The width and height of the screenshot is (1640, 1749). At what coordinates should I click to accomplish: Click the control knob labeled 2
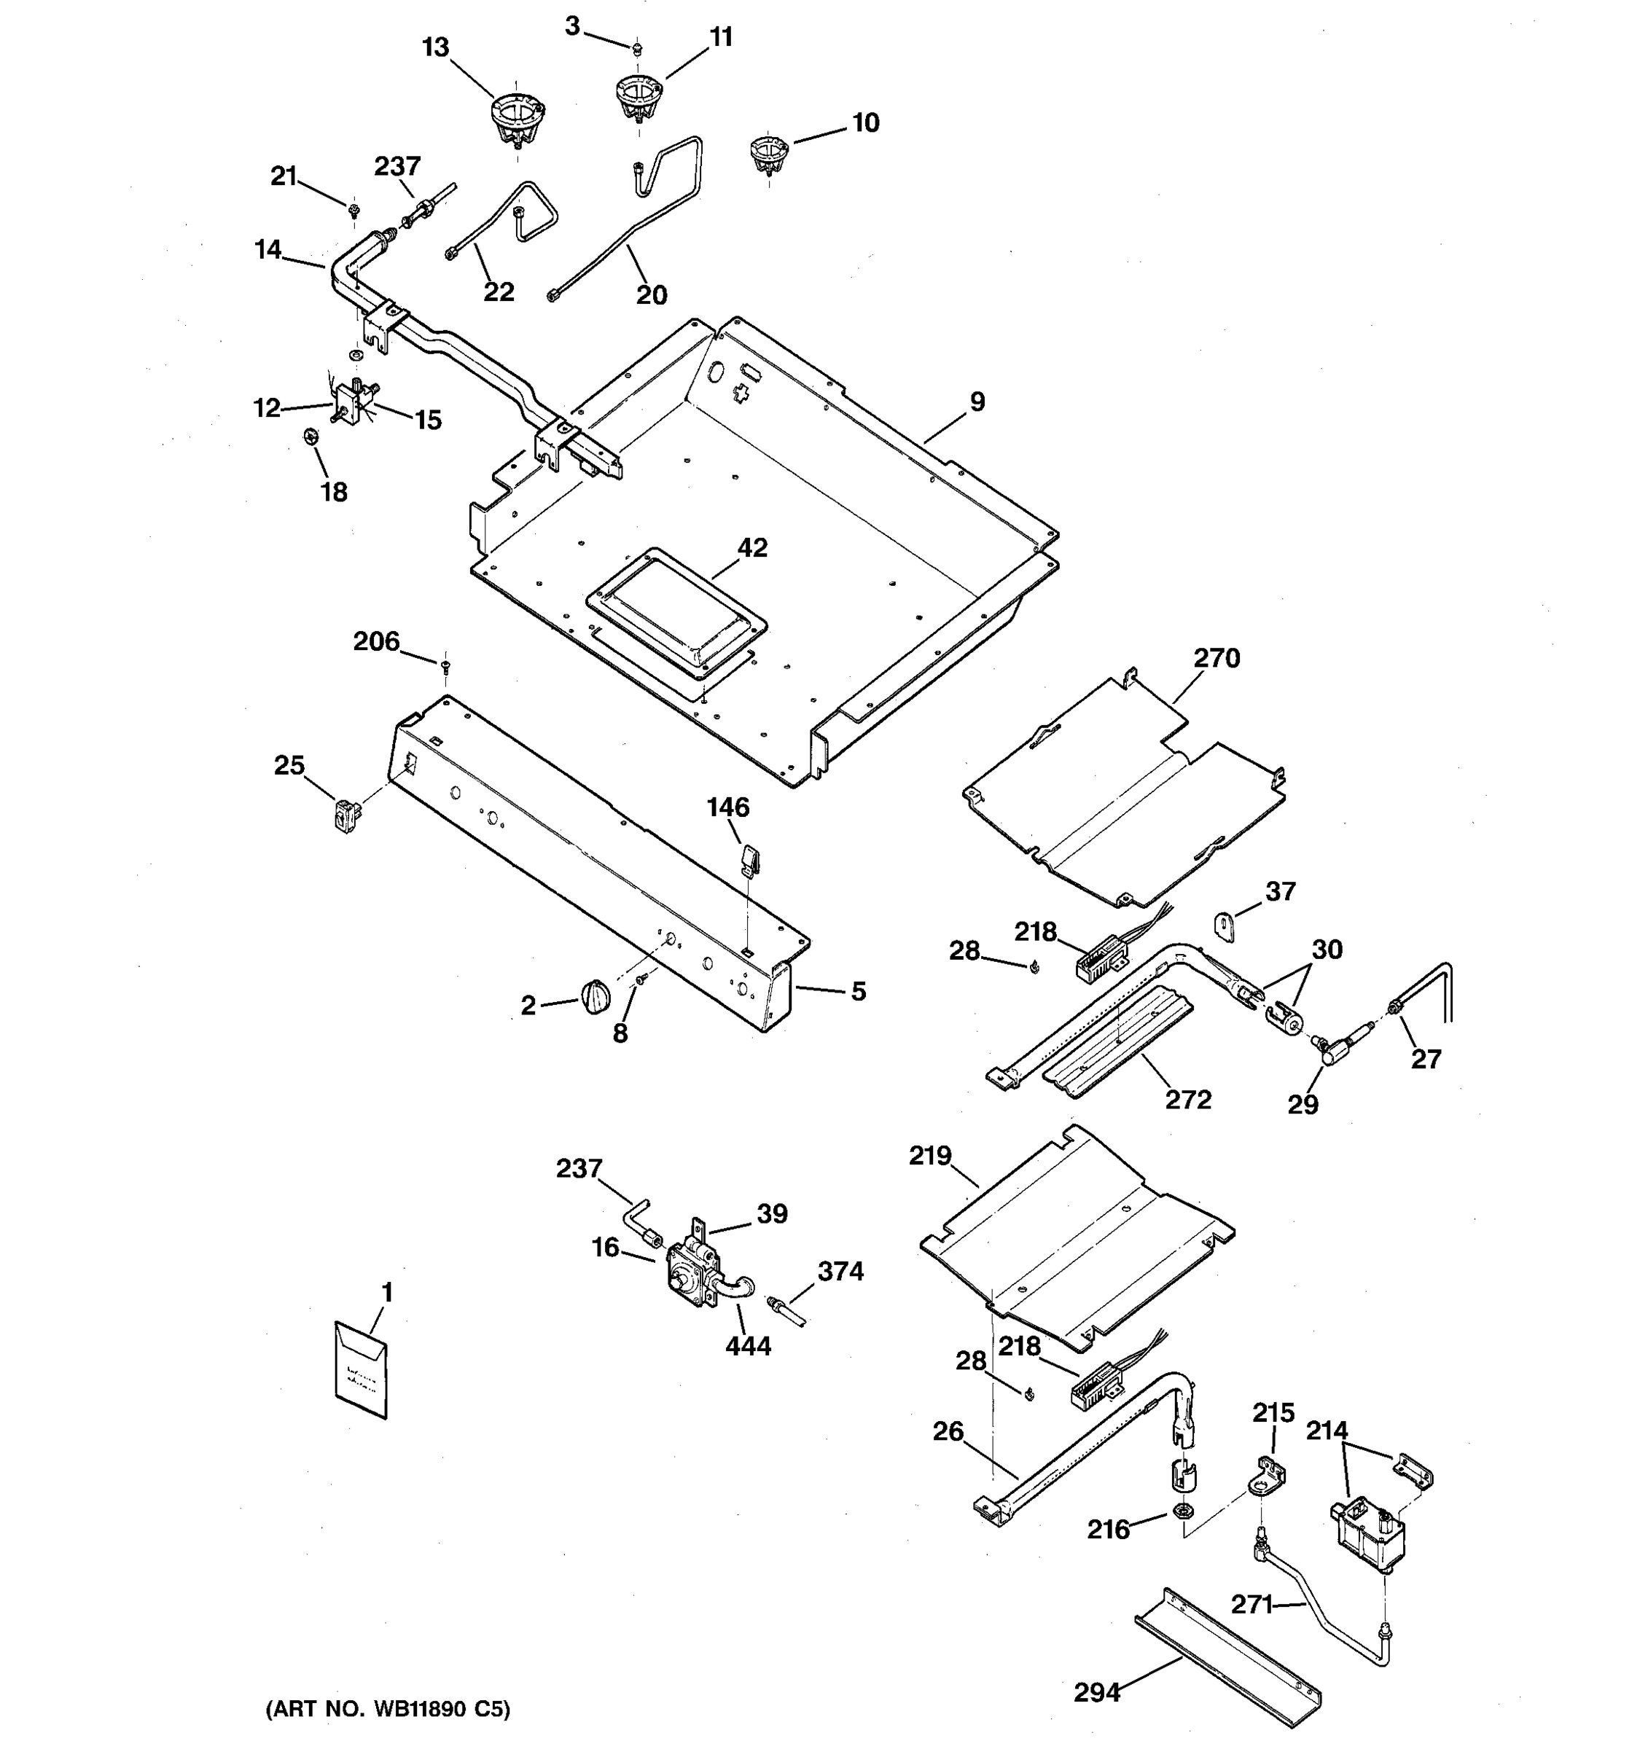(x=594, y=998)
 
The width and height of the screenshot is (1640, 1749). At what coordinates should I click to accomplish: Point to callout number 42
(x=752, y=548)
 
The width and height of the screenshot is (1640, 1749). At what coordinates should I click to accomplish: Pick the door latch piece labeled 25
(x=348, y=815)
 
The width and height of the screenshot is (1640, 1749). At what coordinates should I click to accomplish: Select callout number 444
(x=748, y=1346)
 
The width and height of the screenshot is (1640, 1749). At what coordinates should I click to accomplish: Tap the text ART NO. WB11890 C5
(x=387, y=1710)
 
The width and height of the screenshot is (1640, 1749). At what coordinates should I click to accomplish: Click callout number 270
(x=1217, y=658)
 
